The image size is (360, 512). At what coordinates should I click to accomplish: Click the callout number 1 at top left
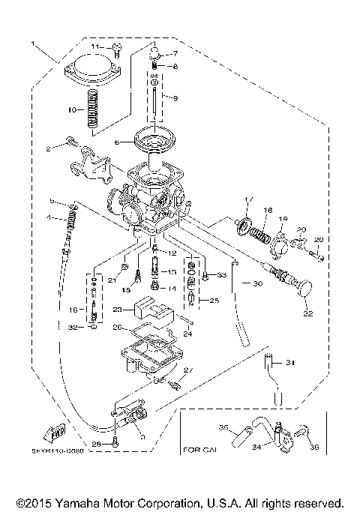point(33,46)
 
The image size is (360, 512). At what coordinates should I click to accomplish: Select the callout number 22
point(306,315)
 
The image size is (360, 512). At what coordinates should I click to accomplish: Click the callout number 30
point(257,284)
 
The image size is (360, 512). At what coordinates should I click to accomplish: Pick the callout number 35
point(223,427)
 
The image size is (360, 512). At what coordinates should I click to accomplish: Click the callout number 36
point(313,448)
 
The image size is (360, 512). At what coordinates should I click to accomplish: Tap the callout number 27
point(188,370)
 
